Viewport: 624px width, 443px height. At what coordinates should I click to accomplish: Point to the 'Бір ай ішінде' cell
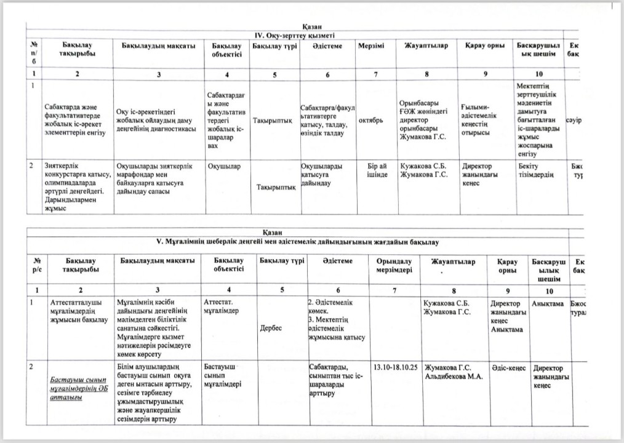tap(377, 170)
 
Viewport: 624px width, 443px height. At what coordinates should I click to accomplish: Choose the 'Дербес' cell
tap(271, 328)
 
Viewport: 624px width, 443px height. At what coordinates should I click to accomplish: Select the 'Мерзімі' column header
tap(371, 46)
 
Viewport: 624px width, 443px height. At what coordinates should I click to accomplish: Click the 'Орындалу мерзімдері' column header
tap(394, 266)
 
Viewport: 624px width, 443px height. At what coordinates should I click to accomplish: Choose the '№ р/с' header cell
tap(37, 266)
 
